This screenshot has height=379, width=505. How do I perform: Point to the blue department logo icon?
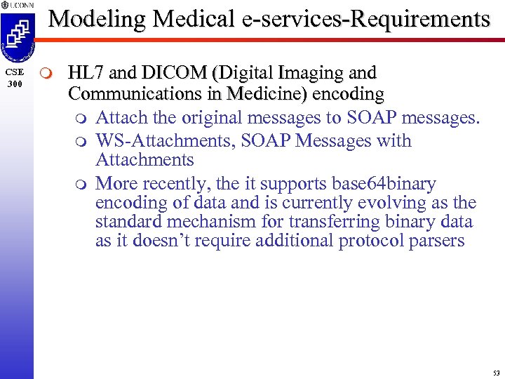coord(16,38)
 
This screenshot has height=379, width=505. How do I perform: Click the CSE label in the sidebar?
coord(15,72)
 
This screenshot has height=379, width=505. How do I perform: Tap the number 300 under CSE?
coord(15,84)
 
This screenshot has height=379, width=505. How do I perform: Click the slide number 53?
coord(496,372)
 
